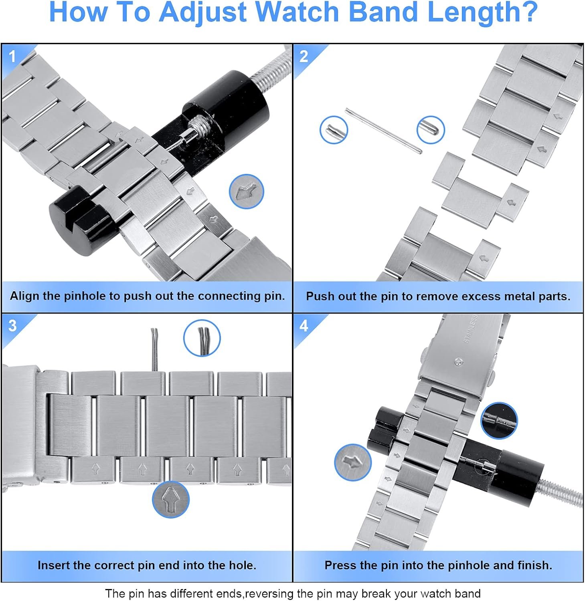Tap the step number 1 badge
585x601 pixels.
12,56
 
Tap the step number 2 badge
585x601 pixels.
304,56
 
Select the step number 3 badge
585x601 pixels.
12,326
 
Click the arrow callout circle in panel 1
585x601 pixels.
246,192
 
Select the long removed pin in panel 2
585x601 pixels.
384,131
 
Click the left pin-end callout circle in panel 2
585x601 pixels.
334,130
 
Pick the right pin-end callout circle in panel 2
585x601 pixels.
431,129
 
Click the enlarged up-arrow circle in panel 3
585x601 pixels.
171,499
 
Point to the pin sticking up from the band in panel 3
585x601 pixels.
154,349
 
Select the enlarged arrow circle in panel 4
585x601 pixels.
353,462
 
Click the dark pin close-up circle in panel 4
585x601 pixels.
499,421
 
